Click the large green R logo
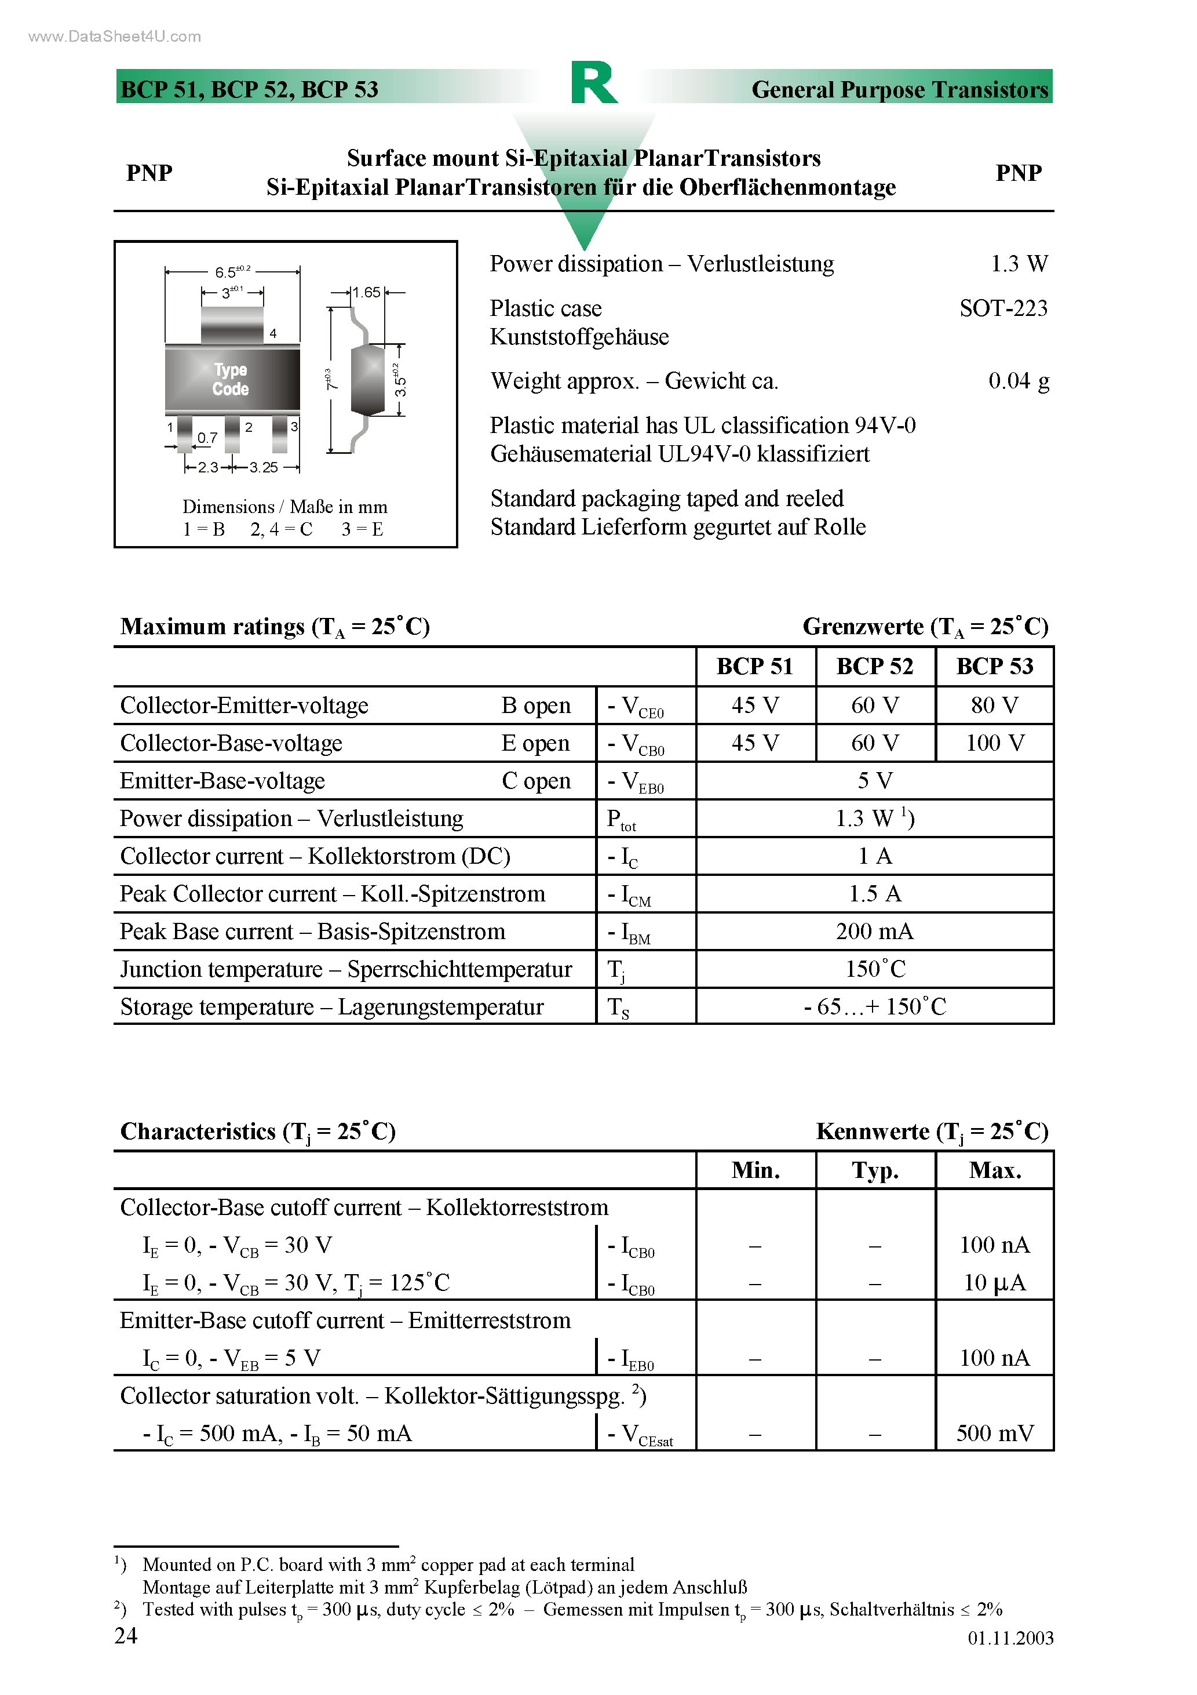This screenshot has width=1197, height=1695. (x=593, y=83)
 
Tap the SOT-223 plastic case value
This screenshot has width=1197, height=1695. (x=1003, y=308)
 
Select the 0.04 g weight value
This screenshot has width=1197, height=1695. (x=1019, y=381)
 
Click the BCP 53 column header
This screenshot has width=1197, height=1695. (x=994, y=666)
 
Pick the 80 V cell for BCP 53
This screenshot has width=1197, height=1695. (x=994, y=705)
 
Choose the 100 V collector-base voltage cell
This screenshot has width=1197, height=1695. (x=994, y=743)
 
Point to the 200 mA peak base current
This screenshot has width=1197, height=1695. (x=874, y=931)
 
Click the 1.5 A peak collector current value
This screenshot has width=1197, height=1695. (x=874, y=893)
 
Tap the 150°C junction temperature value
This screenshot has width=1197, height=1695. (x=874, y=969)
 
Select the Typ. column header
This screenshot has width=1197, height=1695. (x=874, y=1170)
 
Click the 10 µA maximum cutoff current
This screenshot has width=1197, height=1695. (x=994, y=1282)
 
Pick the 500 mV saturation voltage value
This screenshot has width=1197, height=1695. (x=994, y=1433)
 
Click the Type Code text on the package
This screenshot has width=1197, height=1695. (x=230, y=380)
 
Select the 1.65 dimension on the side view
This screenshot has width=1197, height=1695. (x=366, y=292)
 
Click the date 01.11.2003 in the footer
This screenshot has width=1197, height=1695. (x=1010, y=1638)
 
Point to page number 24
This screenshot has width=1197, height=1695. (x=126, y=1635)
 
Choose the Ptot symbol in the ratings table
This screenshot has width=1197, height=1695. (x=621, y=820)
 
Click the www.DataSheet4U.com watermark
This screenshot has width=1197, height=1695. (x=114, y=36)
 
